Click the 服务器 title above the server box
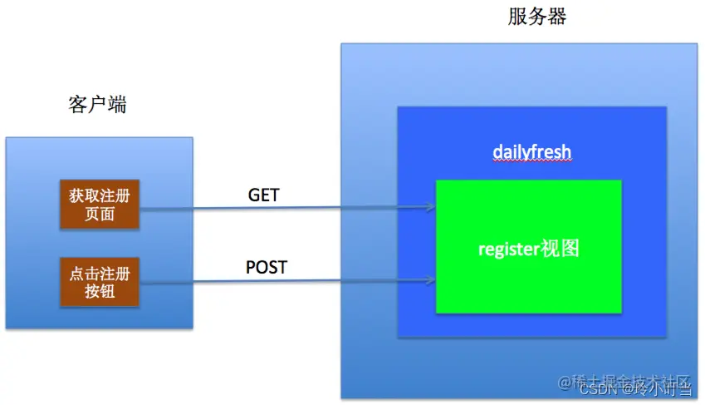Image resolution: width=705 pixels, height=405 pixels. click(x=536, y=17)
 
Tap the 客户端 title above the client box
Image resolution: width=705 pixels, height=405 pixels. click(x=97, y=105)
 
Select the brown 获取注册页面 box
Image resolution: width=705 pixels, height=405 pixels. click(x=99, y=204)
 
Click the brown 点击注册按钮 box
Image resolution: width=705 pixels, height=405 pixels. click(x=99, y=283)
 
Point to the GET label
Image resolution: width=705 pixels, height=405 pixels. click(x=264, y=195)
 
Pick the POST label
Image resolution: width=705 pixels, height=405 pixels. click(x=266, y=267)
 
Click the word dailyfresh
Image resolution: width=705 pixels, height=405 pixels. click(x=531, y=152)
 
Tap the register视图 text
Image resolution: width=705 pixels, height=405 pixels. click(x=528, y=249)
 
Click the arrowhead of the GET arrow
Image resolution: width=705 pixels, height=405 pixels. click(x=430, y=207)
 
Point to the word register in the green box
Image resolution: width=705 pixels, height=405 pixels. click(x=508, y=249)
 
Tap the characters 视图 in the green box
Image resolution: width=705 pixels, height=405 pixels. click(x=559, y=249)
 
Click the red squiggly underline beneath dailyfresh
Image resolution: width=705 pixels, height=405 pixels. click(x=531, y=163)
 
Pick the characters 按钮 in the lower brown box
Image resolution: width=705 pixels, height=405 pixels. click(x=99, y=291)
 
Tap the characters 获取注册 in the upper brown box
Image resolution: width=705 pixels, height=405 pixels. click(x=99, y=195)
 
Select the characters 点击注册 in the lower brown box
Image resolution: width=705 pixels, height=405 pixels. click(x=99, y=274)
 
